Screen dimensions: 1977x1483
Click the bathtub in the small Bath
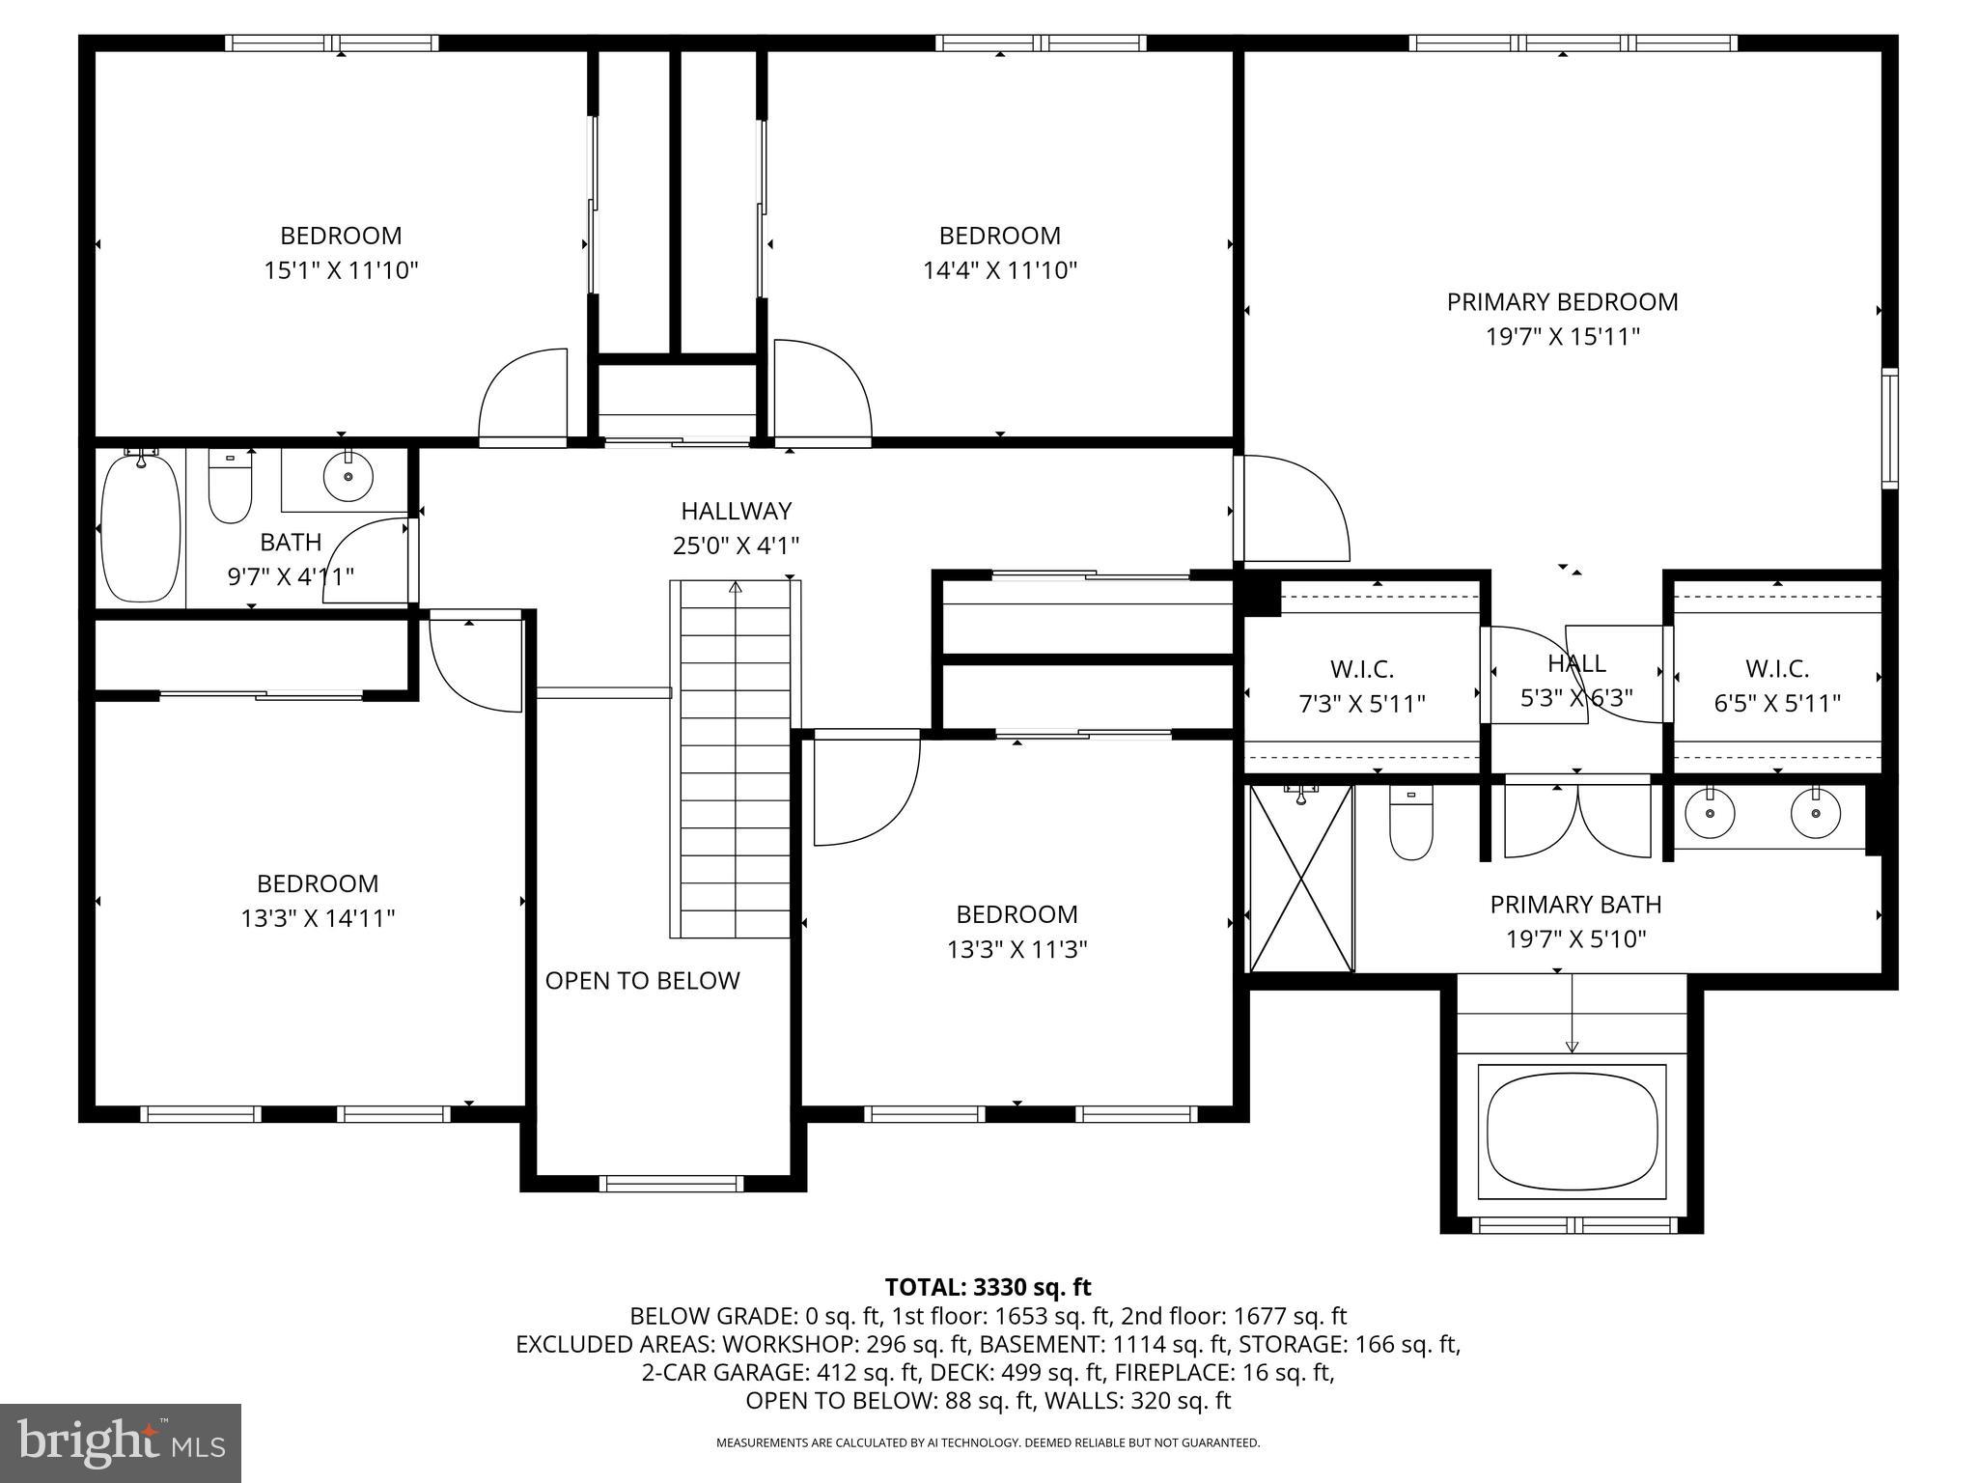tap(141, 527)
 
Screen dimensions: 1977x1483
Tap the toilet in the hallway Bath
tap(230, 488)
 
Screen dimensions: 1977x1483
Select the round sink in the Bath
tap(348, 476)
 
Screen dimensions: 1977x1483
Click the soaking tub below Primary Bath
tap(1572, 1133)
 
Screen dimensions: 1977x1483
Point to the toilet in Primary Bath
tap(1410, 824)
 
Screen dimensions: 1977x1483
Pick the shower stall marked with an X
tap(1302, 878)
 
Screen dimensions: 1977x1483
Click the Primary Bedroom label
tap(1562, 302)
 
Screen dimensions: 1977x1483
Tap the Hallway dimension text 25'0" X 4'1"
tap(737, 546)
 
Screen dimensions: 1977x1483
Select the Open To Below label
tap(643, 981)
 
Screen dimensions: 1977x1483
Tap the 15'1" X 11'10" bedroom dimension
tap(341, 270)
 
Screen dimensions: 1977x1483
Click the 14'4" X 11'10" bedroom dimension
tap(1000, 270)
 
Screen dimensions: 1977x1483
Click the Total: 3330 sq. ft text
tap(988, 1287)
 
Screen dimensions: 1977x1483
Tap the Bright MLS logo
tap(121, 1442)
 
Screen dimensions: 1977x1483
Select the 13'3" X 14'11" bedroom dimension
tap(319, 918)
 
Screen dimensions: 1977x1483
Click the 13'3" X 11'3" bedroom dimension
tap(1017, 949)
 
